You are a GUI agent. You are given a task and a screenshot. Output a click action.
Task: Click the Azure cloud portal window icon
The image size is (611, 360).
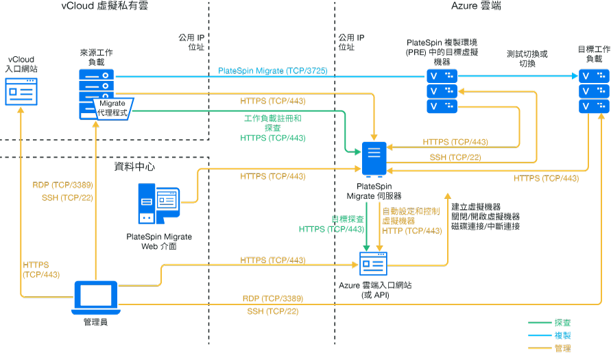[x=374, y=263]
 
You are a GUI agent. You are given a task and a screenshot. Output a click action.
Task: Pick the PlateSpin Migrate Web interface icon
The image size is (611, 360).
[x=159, y=204]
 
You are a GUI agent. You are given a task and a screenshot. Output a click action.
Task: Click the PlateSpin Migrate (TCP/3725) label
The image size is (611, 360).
[x=272, y=71]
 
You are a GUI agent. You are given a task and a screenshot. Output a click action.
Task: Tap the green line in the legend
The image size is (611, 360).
[x=540, y=322]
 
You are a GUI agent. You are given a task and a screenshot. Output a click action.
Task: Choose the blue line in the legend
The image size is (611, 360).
[x=540, y=335]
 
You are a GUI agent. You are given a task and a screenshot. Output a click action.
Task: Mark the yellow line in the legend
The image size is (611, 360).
[x=540, y=348]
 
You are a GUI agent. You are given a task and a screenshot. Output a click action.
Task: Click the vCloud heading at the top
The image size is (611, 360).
[x=104, y=6]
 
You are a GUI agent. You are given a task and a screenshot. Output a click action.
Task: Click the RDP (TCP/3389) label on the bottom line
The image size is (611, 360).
[x=273, y=299]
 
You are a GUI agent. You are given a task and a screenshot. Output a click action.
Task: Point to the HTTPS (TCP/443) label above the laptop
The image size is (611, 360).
[x=41, y=269]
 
